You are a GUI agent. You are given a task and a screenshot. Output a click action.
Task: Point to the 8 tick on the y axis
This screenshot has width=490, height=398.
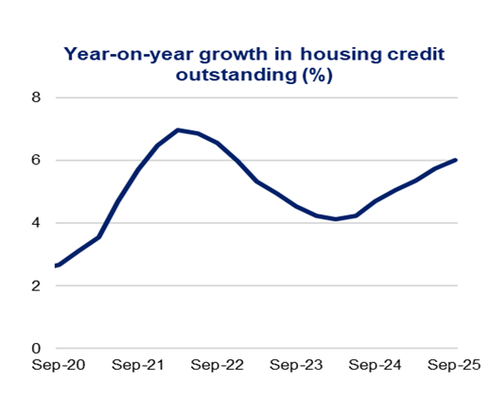point(36,97)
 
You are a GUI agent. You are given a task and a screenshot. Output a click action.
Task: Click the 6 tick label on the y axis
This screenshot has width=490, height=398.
point(36,160)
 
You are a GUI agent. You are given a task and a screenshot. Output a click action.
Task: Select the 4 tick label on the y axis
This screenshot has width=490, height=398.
point(36,223)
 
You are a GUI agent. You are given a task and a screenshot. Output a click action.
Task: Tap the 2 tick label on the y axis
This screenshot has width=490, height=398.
point(36,286)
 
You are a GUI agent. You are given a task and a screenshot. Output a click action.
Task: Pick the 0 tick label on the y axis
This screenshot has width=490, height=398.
point(36,348)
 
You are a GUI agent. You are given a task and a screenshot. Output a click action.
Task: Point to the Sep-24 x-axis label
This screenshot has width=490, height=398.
point(376,365)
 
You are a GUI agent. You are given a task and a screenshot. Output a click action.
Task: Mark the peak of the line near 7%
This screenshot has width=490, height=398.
point(178,130)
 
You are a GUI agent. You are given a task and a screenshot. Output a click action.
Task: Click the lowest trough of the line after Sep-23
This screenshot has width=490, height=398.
point(336,219)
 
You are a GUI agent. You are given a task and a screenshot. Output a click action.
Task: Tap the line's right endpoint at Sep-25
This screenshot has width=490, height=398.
point(457,160)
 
